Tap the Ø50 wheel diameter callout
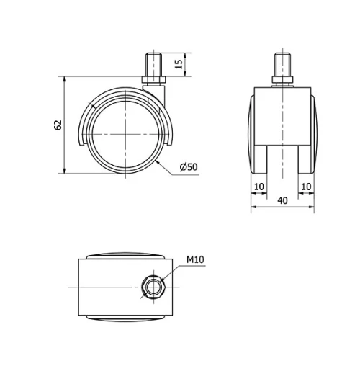tap(188, 167)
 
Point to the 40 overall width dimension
tap(282, 202)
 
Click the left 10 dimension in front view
tap(258, 187)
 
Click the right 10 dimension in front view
tap(307, 187)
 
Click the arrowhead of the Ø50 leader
tap(158, 163)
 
